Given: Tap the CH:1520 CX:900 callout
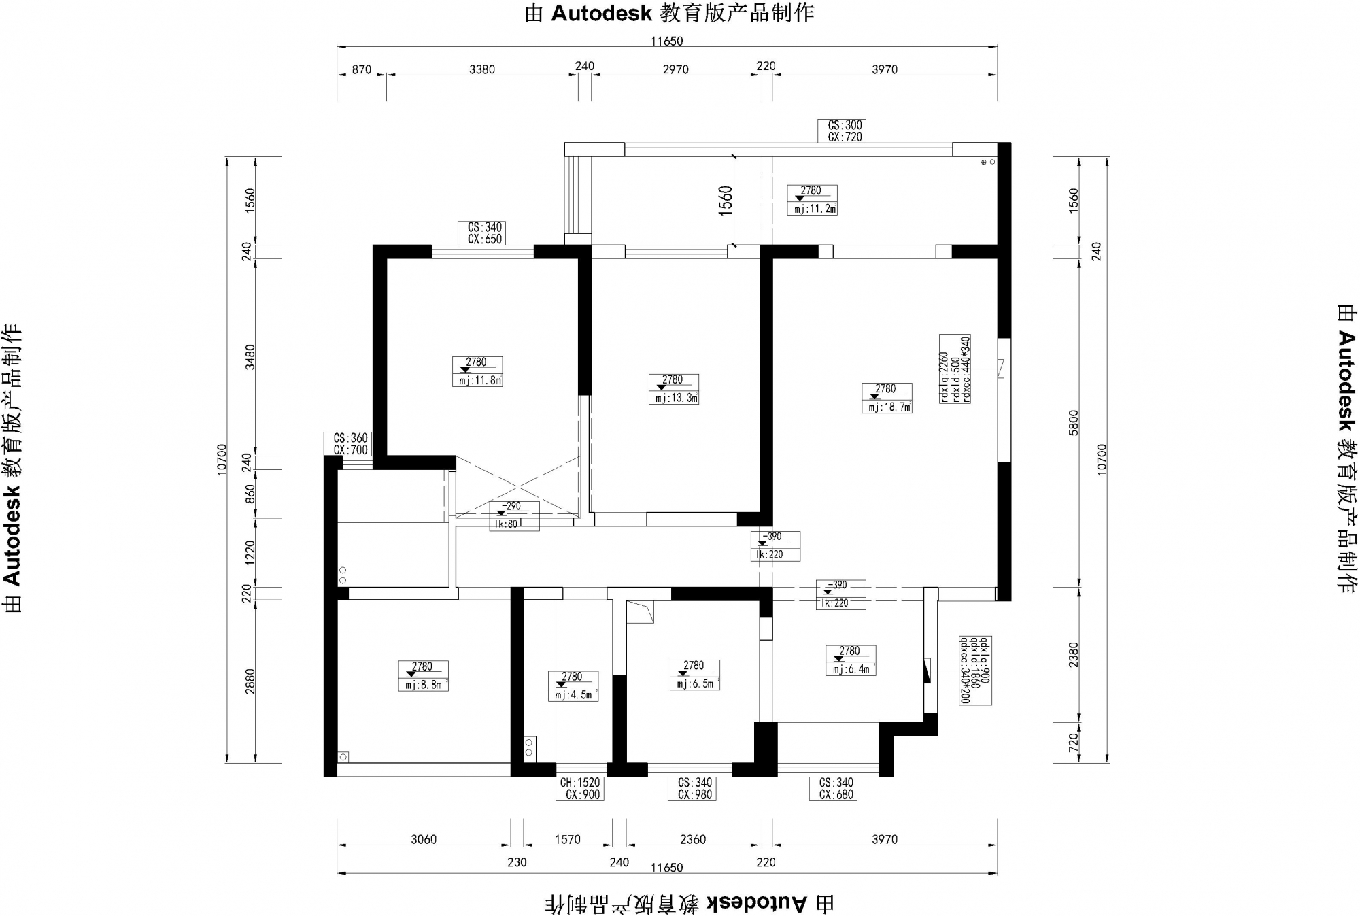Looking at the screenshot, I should pyautogui.click(x=579, y=789).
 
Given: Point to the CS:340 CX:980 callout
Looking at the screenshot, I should pyautogui.click(x=694, y=789).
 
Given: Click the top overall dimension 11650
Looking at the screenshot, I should pyautogui.click(x=666, y=41).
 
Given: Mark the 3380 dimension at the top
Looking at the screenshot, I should pyautogui.click(x=482, y=69).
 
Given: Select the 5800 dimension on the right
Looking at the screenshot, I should pyautogui.click(x=1074, y=423).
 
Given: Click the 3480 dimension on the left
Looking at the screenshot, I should pyautogui.click(x=250, y=357).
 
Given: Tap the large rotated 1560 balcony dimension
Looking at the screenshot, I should pyautogui.click(x=726, y=201).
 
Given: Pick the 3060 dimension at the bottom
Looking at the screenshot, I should pyautogui.click(x=423, y=840).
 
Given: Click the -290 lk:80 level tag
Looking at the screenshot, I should pyautogui.click(x=514, y=515).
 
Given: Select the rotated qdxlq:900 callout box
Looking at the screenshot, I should pyautogui.click(x=974, y=671).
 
